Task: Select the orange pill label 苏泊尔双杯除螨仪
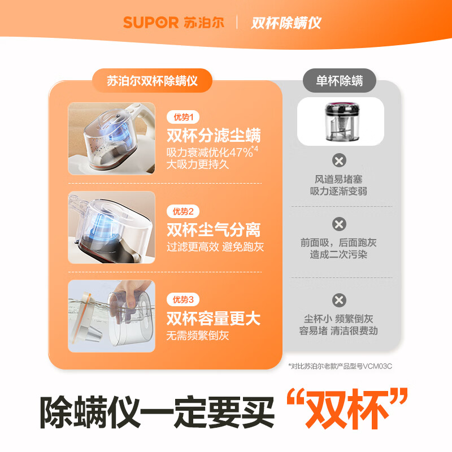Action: pyautogui.click(x=152, y=81)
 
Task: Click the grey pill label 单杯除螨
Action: pyautogui.click(x=339, y=81)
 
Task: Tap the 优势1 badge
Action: pyautogui.click(x=183, y=118)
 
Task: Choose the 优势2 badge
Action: pyautogui.click(x=183, y=212)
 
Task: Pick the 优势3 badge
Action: pyautogui.click(x=183, y=300)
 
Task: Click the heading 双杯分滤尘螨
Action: pyautogui.click(x=214, y=136)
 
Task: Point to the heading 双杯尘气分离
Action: pyautogui.click(x=214, y=230)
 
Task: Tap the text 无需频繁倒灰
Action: pyautogui.click(x=197, y=336)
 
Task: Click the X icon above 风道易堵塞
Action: pyautogui.click(x=339, y=160)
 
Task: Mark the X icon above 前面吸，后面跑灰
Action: pyautogui.click(x=339, y=224)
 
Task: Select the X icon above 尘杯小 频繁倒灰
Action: pyautogui.click(x=339, y=300)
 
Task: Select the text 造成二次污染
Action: pyautogui.click(x=338, y=255)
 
